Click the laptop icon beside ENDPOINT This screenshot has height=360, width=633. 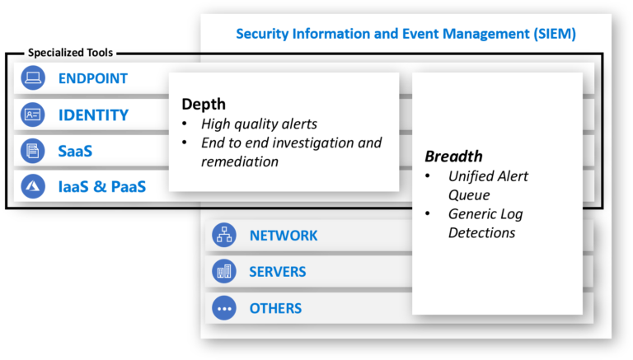click(x=33, y=79)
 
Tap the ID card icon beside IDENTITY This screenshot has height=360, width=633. click(x=33, y=115)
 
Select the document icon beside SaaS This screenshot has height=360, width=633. click(x=33, y=152)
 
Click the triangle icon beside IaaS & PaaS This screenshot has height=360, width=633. click(x=33, y=187)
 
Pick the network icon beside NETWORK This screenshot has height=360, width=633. click(x=224, y=236)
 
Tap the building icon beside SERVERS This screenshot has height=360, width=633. click(x=224, y=272)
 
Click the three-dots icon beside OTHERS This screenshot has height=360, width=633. click(x=224, y=309)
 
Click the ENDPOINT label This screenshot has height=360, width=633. click(x=92, y=79)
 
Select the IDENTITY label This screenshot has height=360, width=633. click(x=93, y=115)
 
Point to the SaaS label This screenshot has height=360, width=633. click(x=75, y=152)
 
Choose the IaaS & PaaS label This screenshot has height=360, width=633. click(x=101, y=187)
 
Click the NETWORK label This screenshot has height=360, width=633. click(x=283, y=236)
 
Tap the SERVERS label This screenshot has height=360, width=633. click(x=277, y=272)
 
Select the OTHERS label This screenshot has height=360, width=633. click(x=275, y=309)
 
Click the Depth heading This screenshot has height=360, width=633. click(x=204, y=105)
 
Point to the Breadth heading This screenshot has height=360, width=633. click(x=453, y=157)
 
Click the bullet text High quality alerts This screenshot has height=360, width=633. click(x=259, y=124)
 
